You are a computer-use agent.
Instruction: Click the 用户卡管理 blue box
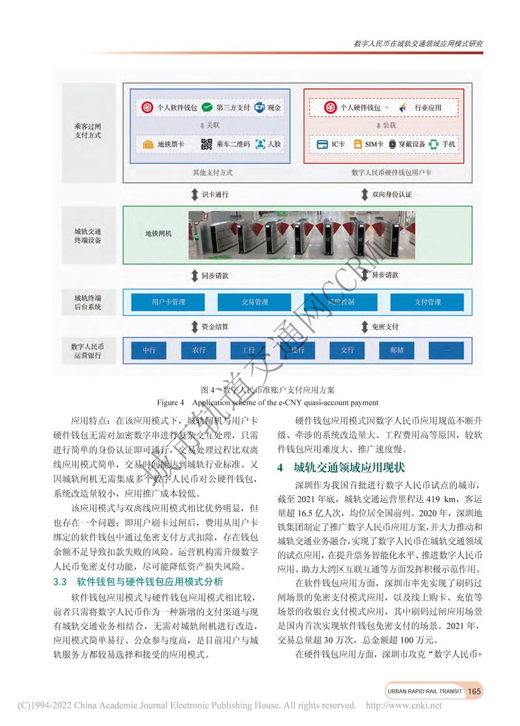[168, 302]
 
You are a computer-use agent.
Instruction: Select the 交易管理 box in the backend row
[255, 302]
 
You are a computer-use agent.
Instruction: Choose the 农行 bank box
[198, 350]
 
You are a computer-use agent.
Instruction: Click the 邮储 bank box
[397, 350]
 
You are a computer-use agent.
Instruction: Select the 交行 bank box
[347, 350]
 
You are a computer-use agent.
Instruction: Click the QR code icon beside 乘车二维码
[207, 144]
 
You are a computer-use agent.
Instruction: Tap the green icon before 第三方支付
[207, 107]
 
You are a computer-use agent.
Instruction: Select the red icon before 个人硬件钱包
[331, 107]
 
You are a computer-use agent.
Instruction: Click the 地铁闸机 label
[158, 233]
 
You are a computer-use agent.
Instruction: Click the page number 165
[474, 691]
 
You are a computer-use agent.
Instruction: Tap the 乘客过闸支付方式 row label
[88, 130]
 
